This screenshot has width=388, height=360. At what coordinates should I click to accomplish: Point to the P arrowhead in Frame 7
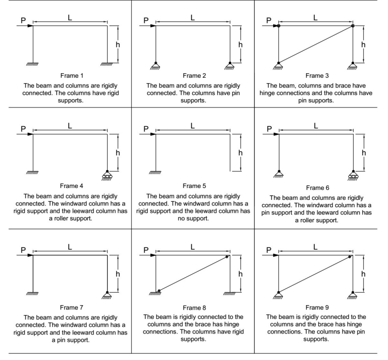tap(30, 255)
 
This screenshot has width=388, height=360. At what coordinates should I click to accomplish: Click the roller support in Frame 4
tap(108, 174)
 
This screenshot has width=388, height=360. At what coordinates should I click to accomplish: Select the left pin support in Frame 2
tap(156, 65)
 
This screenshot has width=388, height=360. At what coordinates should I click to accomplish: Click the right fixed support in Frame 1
tap(108, 64)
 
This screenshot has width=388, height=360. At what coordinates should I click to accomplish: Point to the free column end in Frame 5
tap(230, 171)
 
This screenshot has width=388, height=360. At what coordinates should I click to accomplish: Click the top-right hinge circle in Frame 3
tap(353, 26)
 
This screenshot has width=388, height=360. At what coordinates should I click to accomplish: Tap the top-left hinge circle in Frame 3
tap(279, 26)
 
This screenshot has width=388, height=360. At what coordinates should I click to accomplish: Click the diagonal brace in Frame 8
tap(193, 274)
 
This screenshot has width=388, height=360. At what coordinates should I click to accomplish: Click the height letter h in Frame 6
tap(364, 152)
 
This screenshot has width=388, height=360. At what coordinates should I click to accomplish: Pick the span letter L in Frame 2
tap(193, 18)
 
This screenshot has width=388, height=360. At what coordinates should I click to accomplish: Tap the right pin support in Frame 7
tap(108, 295)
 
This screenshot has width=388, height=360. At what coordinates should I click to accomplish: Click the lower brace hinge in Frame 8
tap(159, 290)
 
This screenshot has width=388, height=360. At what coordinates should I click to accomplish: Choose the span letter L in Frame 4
tap(70, 126)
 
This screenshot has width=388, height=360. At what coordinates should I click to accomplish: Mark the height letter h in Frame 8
tap(241, 274)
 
